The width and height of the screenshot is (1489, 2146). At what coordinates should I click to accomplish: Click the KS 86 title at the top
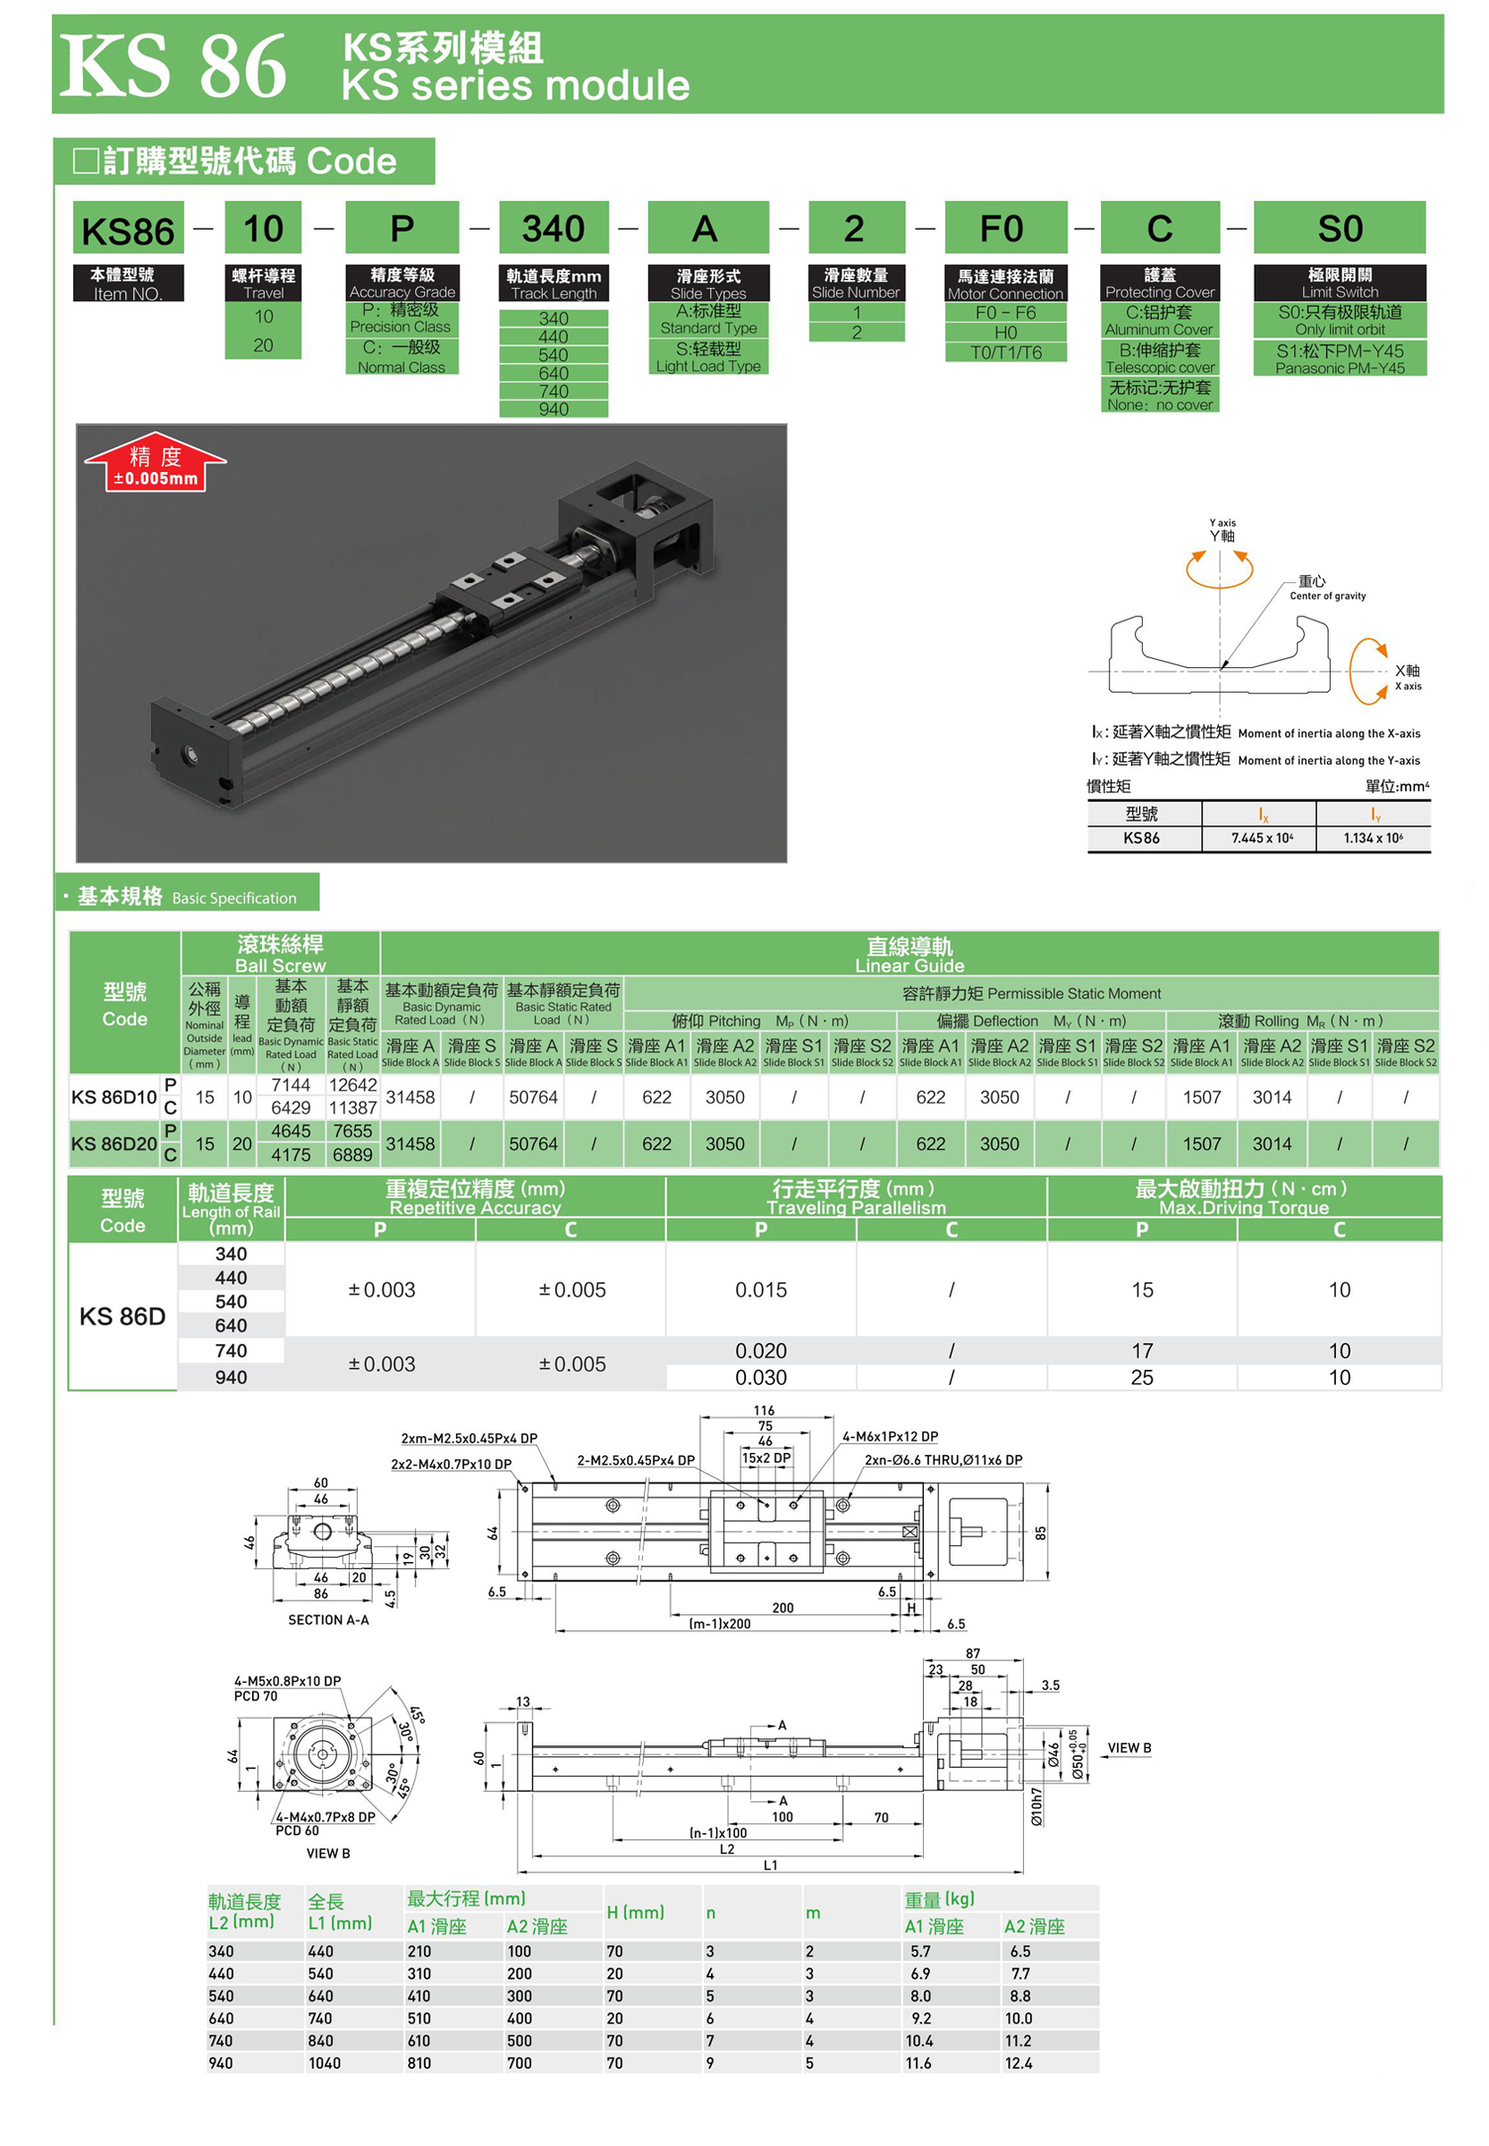173,66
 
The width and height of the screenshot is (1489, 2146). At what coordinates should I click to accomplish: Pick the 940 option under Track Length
554,410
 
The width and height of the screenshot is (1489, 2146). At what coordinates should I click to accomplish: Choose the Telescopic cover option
1160,359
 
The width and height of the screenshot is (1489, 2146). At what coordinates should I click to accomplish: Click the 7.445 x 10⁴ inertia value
1260,839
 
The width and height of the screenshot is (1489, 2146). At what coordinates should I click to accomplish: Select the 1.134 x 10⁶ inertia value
1373,839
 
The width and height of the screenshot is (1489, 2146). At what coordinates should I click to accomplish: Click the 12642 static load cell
352,1086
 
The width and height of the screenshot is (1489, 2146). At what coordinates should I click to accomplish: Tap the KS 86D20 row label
114,1145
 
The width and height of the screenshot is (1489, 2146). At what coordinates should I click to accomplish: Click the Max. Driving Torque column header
1243,1197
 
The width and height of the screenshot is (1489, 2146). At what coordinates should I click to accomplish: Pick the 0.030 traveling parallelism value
760,1379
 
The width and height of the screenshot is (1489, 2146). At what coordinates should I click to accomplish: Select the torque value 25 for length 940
1142,1379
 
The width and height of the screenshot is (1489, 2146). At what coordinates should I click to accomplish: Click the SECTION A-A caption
328,1620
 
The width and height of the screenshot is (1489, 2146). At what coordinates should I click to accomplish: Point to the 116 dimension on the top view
764,1411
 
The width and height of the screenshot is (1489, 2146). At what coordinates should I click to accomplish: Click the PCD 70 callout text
256,1696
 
